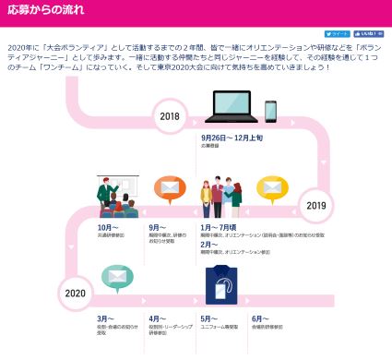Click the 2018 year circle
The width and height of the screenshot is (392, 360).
[170, 116]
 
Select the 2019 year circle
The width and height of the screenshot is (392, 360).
[316, 205]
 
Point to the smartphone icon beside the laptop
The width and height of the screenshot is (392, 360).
[271, 111]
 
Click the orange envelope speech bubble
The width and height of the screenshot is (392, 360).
[169, 190]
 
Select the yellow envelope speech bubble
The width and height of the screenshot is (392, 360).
[270, 188]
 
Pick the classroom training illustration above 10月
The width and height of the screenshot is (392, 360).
[117, 197]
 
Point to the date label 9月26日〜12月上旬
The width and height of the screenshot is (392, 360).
[232, 138]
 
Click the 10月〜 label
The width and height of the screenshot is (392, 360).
[108, 227]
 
